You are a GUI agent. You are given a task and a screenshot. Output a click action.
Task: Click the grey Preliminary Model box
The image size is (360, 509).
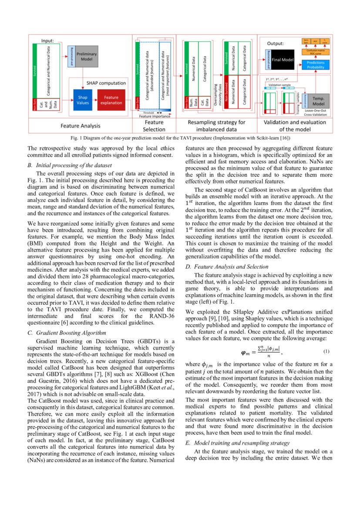87,57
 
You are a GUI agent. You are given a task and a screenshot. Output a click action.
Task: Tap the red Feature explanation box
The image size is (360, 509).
111,100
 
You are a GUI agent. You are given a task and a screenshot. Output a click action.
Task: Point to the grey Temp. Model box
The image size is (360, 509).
321,101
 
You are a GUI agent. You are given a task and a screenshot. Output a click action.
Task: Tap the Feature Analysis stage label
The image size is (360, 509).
80,126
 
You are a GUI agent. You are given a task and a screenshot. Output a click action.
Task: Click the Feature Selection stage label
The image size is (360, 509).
154,126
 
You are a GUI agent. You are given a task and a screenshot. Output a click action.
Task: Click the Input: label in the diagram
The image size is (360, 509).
47,40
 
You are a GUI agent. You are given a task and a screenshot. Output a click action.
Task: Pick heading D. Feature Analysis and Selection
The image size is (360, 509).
226,266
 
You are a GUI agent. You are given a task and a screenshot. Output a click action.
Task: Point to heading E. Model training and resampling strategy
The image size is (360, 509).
237,443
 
